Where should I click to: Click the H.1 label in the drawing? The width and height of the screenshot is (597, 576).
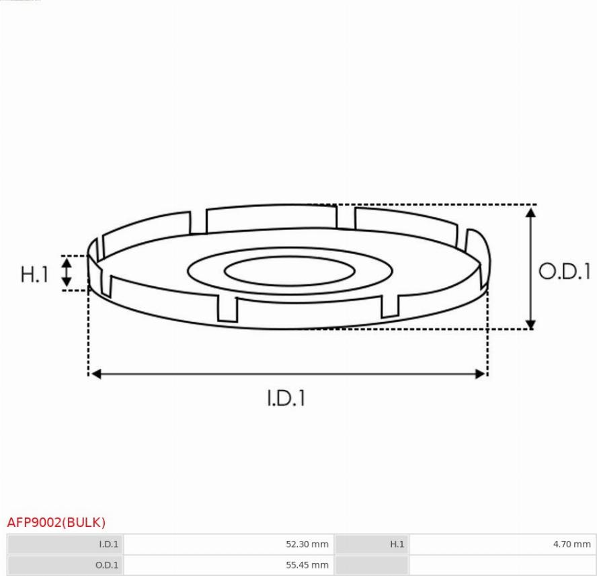click(34, 274)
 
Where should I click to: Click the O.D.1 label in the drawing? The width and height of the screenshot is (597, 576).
click(564, 272)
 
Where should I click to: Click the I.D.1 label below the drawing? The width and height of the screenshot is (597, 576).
click(286, 398)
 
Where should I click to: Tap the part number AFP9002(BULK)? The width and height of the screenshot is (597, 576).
click(56, 522)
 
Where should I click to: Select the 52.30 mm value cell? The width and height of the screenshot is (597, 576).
click(229, 544)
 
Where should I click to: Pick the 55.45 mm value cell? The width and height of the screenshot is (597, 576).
click(229, 565)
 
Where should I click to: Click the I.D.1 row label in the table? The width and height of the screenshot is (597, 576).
click(108, 544)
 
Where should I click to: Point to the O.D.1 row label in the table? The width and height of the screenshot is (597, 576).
click(107, 565)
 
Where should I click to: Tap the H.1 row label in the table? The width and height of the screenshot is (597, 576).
click(397, 544)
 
